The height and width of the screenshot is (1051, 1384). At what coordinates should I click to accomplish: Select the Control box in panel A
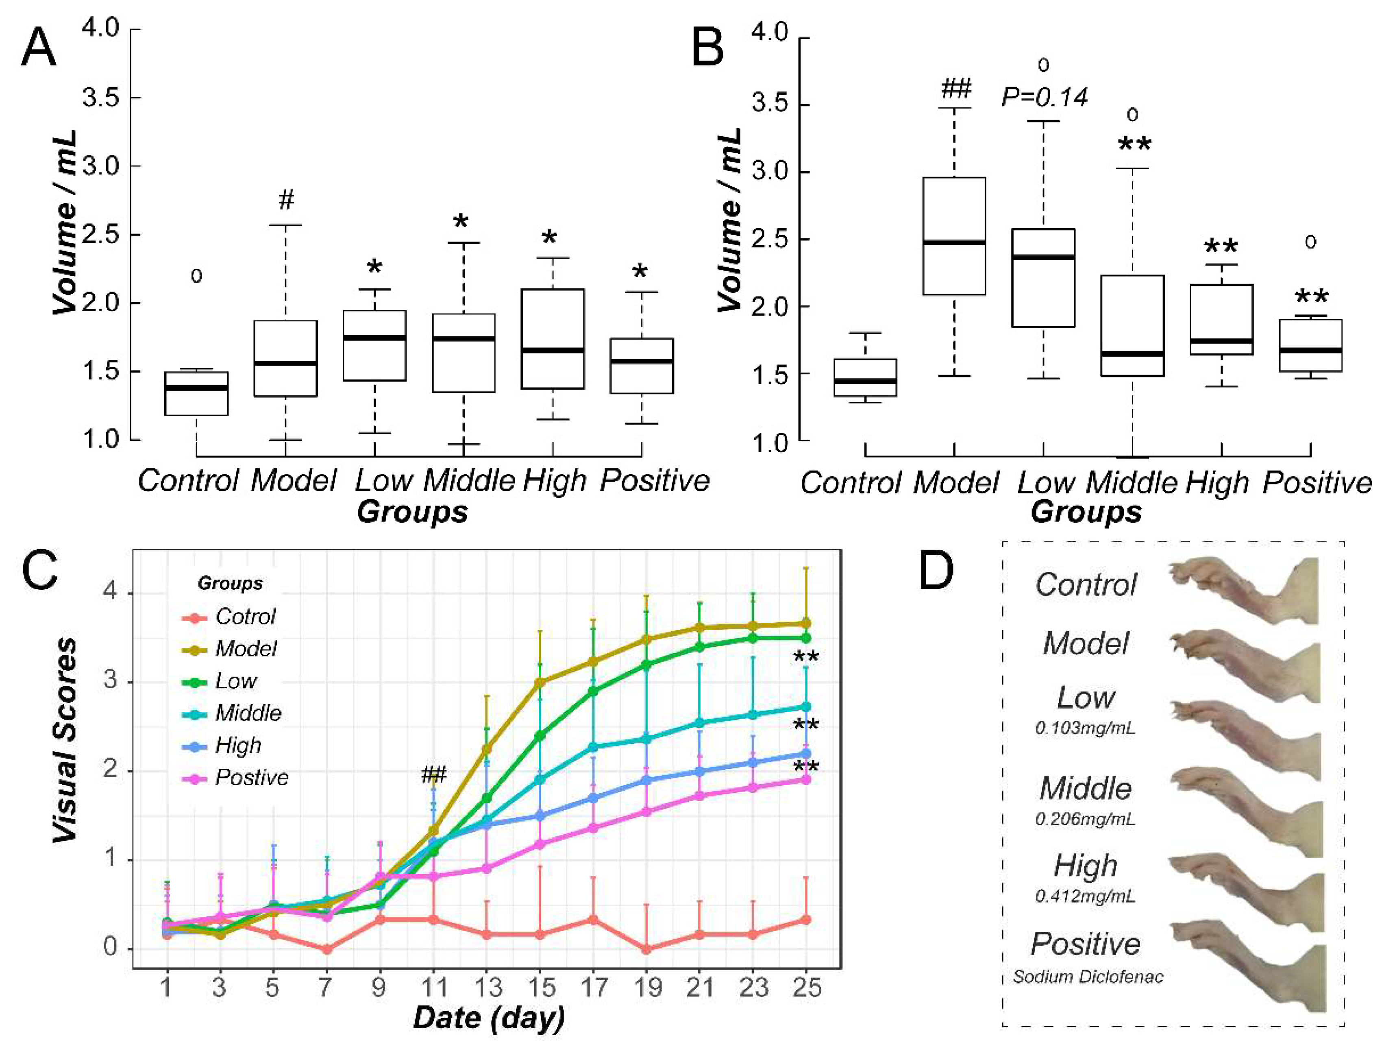click(x=196, y=393)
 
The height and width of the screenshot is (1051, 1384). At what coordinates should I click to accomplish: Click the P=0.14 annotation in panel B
click(x=1044, y=97)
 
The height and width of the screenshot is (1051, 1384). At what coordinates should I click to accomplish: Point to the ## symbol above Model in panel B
click(x=955, y=89)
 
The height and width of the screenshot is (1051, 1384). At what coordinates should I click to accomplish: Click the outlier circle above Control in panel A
click(x=196, y=276)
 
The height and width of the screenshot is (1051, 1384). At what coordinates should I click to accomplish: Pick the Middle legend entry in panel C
click(x=248, y=713)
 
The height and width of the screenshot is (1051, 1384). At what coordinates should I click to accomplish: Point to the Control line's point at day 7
click(x=325, y=949)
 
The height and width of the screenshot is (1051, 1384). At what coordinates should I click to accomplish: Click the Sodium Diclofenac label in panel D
click(x=1088, y=977)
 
